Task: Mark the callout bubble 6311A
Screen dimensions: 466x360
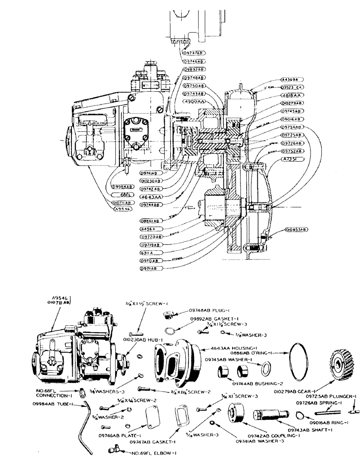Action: point(149,253)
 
